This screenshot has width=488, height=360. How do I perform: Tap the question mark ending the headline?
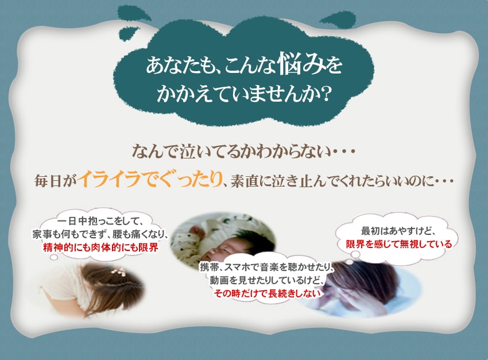(324, 94)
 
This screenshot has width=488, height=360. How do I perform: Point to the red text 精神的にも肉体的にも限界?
(100, 247)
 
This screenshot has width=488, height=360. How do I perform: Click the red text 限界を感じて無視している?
(398, 244)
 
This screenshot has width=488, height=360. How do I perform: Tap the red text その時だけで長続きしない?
(267, 293)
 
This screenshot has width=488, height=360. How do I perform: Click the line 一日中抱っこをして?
(100, 222)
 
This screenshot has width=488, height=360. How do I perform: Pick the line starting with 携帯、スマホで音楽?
(267, 267)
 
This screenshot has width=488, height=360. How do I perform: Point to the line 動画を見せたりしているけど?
(267, 280)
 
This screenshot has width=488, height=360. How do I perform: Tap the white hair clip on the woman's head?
(119, 272)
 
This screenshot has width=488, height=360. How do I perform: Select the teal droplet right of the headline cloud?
(339, 20)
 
